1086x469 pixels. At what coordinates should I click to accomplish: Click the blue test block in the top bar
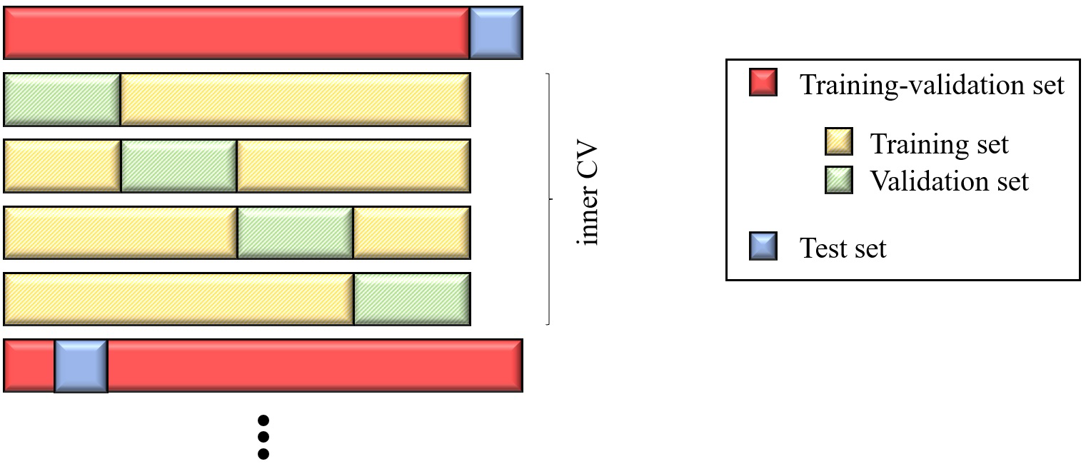coord(496,33)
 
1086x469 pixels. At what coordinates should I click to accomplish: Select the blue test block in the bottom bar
coord(81,365)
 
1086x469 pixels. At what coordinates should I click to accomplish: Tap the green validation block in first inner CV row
coord(62,99)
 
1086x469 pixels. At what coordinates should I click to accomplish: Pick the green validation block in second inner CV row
coord(179,166)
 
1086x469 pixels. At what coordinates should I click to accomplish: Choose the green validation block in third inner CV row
coord(295,233)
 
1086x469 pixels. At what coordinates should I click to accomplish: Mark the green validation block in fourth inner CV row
coord(412,299)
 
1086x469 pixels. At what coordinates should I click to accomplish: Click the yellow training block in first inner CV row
coord(295,99)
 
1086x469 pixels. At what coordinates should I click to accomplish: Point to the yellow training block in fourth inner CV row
coord(179,299)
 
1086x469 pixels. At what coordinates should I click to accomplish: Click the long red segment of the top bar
coord(236,33)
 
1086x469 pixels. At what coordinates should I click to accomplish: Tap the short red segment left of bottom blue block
coord(29,365)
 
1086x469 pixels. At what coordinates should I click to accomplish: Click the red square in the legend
coord(763,84)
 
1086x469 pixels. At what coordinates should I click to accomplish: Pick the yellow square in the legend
coord(838,143)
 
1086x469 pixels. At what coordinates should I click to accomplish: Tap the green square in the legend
coord(838,181)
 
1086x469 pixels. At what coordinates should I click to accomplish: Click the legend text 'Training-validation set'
coord(932,85)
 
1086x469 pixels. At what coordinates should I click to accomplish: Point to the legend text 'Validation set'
coord(949,181)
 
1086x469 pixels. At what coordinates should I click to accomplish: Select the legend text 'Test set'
coord(843,248)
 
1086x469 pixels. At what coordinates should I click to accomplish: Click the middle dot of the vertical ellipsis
coord(263,436)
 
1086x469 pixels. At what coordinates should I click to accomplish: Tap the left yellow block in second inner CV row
coord(62,166)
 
